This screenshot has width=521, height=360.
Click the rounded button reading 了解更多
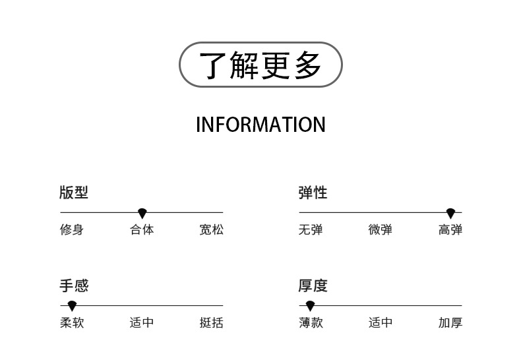(x=260, y=65)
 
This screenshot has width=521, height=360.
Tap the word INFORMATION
(x=260, y=125)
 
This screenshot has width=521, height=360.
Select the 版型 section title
(x=73, y=193)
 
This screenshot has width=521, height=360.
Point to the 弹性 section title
(x=313, y=193)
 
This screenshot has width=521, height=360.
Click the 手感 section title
(x=73, y=285)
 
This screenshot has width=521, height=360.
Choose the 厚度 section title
(x=313, y=285)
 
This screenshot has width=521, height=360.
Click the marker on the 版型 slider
(x=142, y=213)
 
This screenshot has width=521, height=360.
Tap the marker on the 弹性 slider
(x=450, y=213)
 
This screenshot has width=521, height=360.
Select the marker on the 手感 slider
(x=72, y=306)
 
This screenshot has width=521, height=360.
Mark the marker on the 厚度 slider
(x=310, y=306)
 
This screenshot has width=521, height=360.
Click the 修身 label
(x=72, y=230)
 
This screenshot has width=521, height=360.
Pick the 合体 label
(x=142, y=230)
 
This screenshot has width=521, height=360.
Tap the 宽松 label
(x=212, y=230)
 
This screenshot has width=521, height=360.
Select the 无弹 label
(x=311, y=230)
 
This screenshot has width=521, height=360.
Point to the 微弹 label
(x=381, y=230)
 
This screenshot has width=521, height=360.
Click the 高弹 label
(x=450, y=230)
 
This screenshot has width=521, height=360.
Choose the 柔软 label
(x=72, y=323)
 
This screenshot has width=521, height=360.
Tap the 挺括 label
(x=212, y=323)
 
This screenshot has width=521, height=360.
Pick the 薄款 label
(x=311, y=323)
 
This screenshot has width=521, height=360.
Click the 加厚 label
(x=450, y=323)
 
